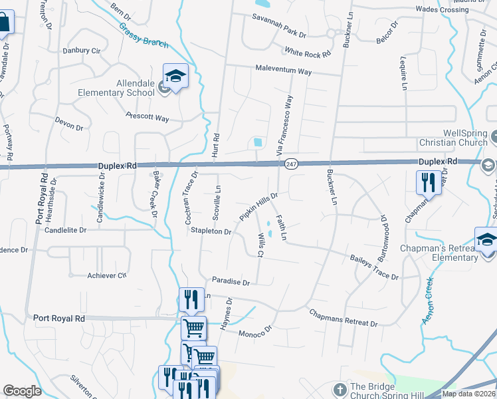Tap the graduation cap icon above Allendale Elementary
[175, 77]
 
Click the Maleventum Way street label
[284, 70]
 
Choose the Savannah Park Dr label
[278, 33]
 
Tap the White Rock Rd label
[307, 52]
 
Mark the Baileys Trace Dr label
[374, 267]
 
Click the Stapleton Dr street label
[211, 231]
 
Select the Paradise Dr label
[230, 282]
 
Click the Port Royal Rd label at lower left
[60, 319]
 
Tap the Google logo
[22, 391]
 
